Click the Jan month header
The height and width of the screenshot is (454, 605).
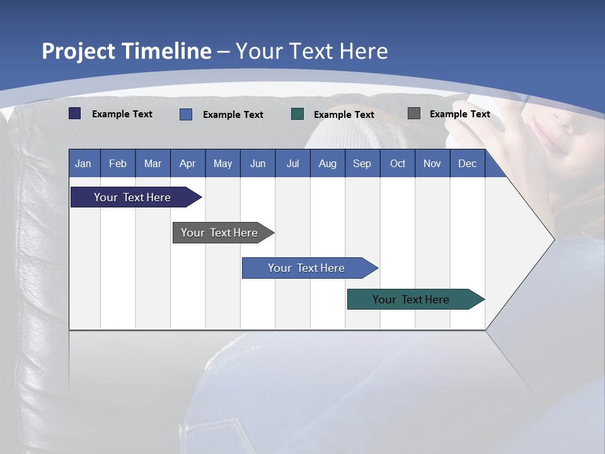click(x=83, y=163)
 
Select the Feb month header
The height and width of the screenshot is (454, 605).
click(x=118, y=163)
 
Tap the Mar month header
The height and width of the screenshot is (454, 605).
click(x=153, y=163)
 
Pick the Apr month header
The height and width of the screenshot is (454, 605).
click(x=187, y=163)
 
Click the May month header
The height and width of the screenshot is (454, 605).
click(x=222, y=163)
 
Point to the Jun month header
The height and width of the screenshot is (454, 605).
click(x=258, y=163)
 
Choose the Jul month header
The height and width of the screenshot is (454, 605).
click(x=292, y=163)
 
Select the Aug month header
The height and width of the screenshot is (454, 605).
click(x=327, y=163)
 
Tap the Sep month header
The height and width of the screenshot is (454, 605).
click(x=362, y=163)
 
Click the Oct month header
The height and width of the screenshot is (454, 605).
click(x=398, y=163)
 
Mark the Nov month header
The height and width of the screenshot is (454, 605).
click(x=432, y=163)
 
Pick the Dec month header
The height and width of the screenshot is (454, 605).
click(x=467, y=163)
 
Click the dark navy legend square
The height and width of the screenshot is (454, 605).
click(x=75, y=113)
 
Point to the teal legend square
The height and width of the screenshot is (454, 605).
click(x=297, y=113)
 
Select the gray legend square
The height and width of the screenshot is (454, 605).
click(x=414, y=113)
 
